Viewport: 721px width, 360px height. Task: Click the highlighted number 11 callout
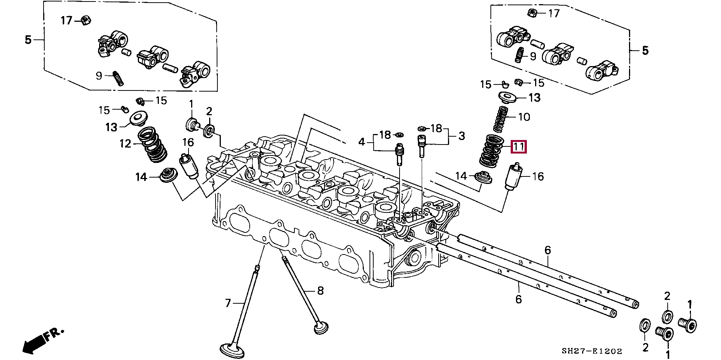point(519,146)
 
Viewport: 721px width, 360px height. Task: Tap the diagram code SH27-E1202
point(592,351)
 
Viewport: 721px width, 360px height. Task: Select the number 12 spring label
point(125,144)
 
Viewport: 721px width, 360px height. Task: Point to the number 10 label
point(524,117)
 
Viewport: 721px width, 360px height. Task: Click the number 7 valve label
point(228,303)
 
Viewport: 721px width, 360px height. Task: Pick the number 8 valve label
point(320,291)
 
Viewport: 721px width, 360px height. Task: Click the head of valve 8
point(321,328)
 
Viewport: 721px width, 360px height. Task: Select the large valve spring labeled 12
point(152,145)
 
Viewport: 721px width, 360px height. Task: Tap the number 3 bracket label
point(462,136)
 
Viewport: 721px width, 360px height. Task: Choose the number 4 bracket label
point(361,142)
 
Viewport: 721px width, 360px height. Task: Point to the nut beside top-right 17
point(531,14)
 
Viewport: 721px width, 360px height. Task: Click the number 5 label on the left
point(28,39)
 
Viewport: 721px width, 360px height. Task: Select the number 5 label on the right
point(645,50)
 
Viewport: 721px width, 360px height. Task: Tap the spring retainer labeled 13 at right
point(507,97)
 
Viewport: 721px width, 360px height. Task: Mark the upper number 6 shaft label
point(548,250)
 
